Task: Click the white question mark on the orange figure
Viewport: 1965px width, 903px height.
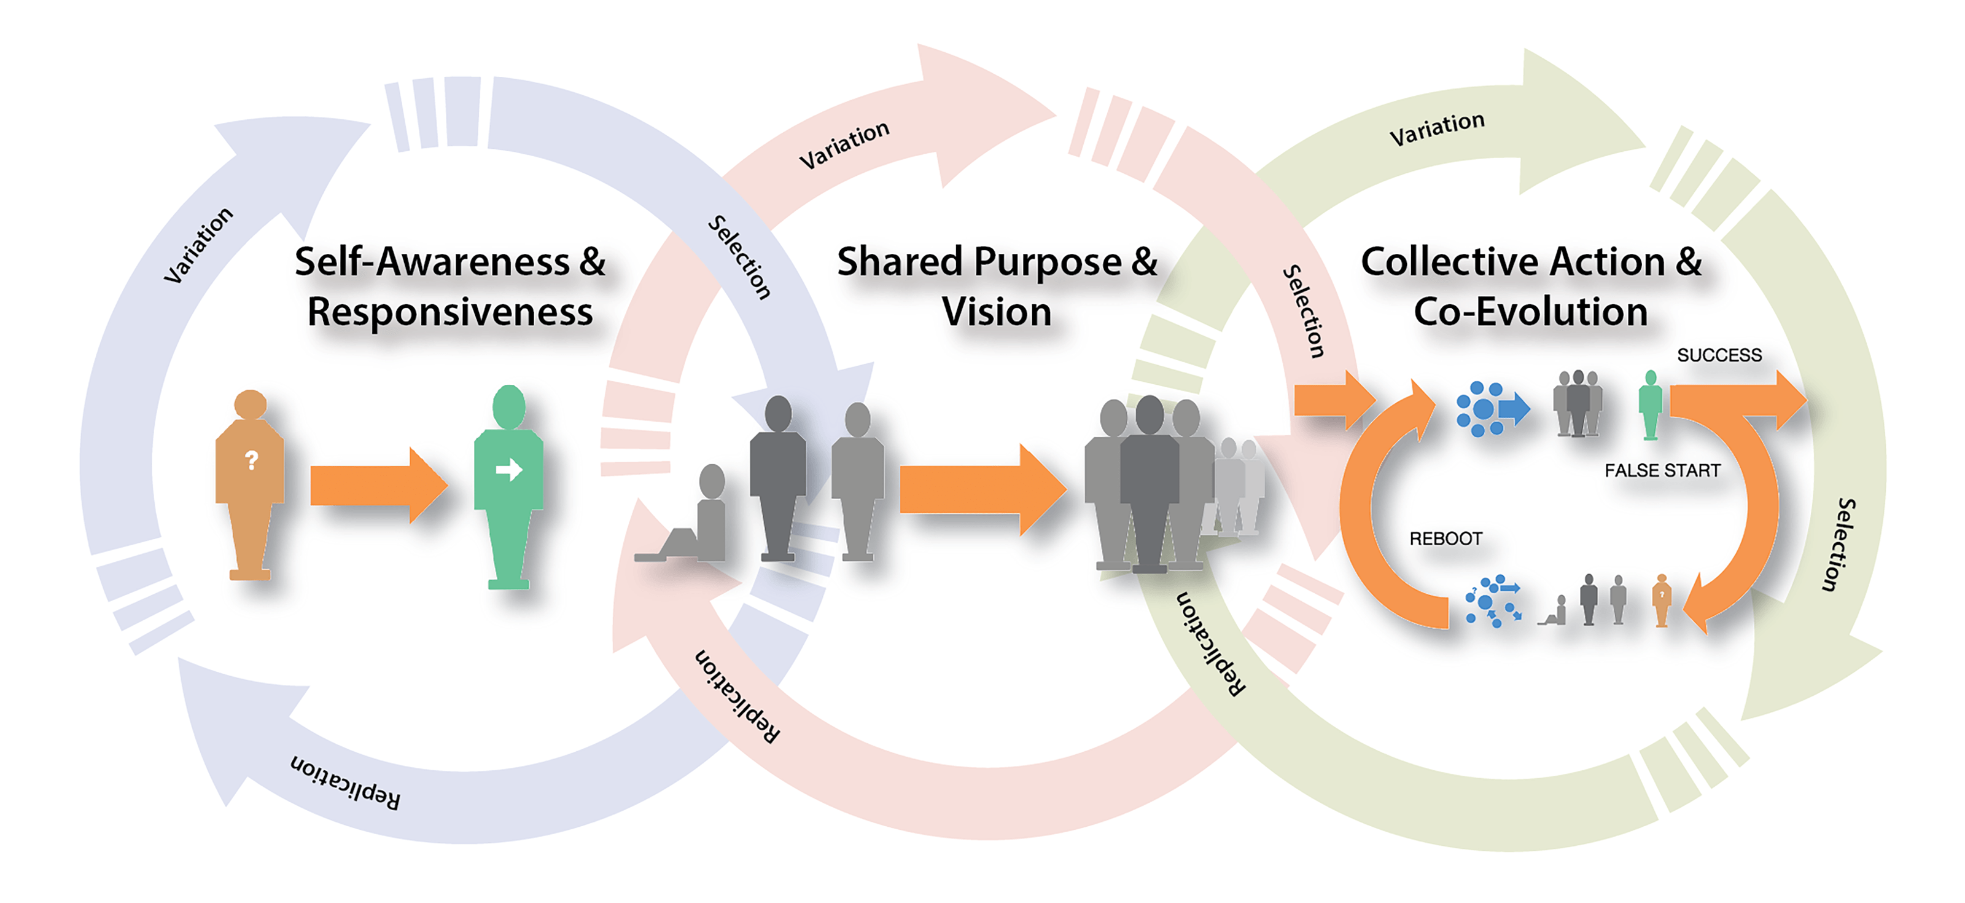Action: tap(252, 460)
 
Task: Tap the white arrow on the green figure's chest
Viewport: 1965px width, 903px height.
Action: tap(509, 470)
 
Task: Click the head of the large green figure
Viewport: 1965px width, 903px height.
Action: tap(509, 406)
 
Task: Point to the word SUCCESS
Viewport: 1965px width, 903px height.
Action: tap(1719, 355)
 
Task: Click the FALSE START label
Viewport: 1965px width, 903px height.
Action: tap(1662, 470)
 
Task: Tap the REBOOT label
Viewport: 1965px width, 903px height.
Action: tap(1446, 539)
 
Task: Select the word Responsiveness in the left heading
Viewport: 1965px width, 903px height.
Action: tap(450, 312)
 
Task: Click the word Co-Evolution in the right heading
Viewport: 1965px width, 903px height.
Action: tap(1530, 312)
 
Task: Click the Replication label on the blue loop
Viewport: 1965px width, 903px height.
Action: tap(344, 783)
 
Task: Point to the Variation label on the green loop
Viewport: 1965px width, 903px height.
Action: tap(1436, 129)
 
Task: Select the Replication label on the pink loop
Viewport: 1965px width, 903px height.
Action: tap(737, 696)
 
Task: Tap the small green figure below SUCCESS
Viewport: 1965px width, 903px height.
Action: tap(1650, 405)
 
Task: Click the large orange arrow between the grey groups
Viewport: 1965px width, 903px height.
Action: tap(980, 489)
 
